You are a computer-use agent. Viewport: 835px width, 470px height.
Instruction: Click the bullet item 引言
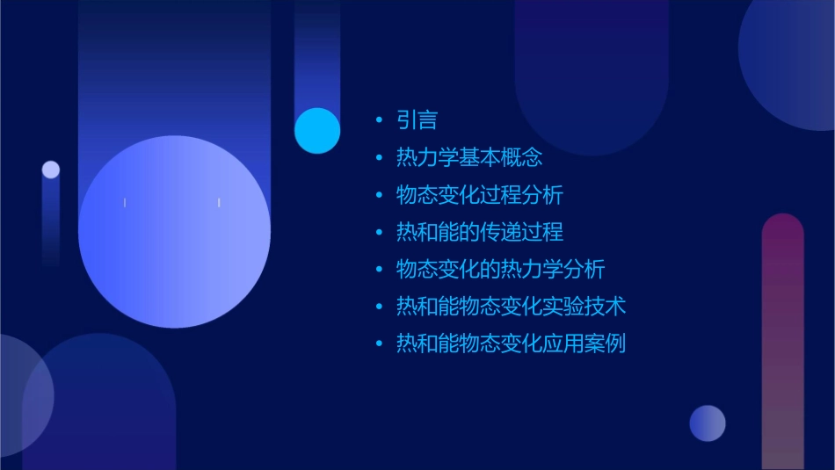417,120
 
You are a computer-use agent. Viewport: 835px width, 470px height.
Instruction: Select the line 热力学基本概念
469,158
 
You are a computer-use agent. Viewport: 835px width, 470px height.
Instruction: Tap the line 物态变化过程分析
480,195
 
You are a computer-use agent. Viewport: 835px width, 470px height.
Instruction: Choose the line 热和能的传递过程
480,232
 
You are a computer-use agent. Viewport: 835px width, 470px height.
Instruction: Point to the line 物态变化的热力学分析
500,269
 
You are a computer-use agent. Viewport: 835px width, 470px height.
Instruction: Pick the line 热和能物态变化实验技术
511,307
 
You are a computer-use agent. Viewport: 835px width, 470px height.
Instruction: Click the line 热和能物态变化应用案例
511,343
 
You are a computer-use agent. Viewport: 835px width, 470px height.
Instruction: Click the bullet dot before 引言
379,120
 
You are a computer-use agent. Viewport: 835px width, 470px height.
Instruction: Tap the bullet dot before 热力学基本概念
379,158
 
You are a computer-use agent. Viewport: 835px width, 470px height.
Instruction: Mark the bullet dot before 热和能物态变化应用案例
379,343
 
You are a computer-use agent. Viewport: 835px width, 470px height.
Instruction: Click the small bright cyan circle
317,131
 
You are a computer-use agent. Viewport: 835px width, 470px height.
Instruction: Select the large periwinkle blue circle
174,232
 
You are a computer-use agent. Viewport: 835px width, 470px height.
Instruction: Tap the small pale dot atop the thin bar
51,170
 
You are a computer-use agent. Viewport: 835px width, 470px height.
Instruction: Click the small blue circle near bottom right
708,423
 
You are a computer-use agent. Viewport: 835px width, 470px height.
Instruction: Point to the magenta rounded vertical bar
782,343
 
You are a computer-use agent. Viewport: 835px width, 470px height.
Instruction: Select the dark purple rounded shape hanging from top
592,70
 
